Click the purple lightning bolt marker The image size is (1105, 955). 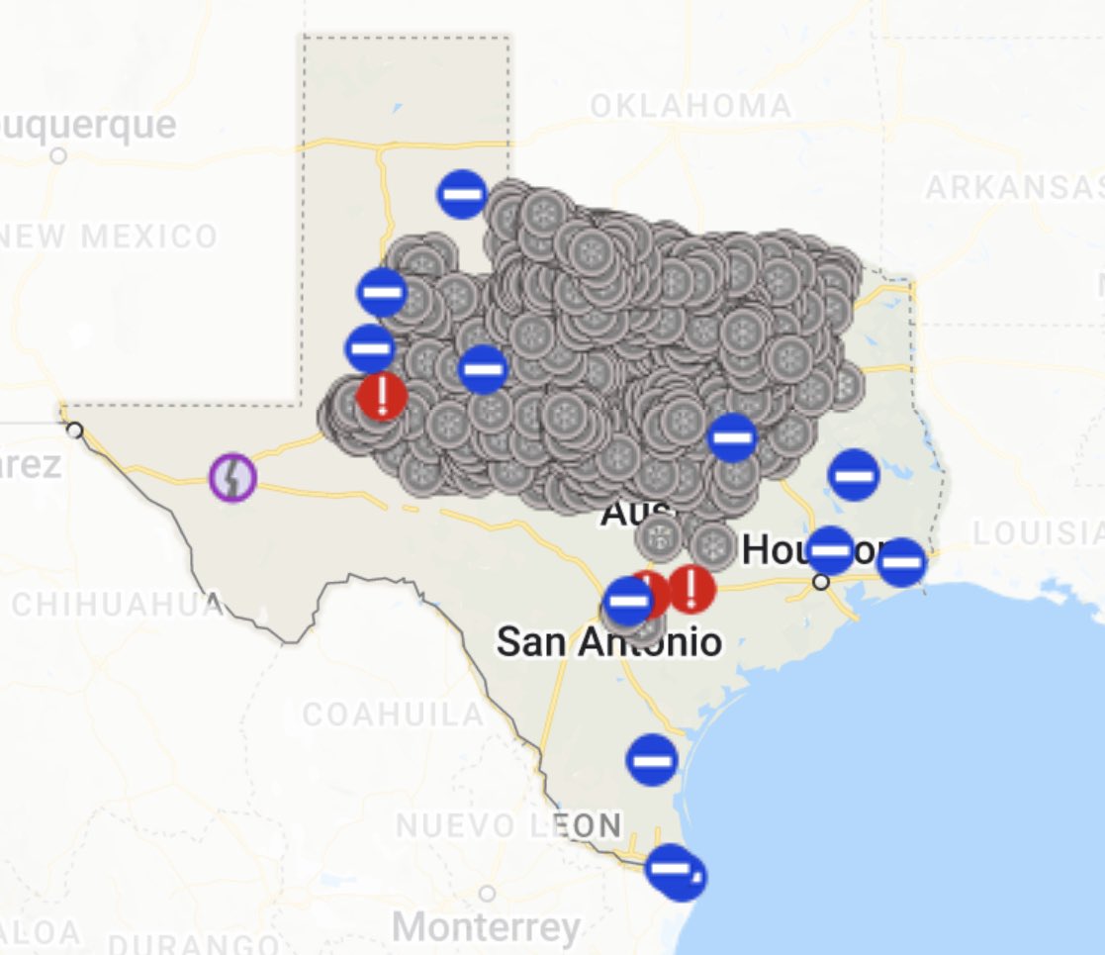click(232, 476)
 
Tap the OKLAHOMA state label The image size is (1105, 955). click(691, 106)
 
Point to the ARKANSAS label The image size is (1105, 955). click(1013, 188)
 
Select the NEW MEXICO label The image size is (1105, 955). click(109, 237)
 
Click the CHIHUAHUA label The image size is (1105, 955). click(117, 605)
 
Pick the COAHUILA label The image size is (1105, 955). click(393, 714)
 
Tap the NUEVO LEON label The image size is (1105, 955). click(508, 824)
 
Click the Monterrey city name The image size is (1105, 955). click(486, 928)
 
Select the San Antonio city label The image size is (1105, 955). click(608, 642)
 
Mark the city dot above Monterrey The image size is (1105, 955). click(487, 894)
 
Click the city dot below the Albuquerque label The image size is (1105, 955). click(58, 155)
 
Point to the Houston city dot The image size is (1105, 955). click(820, 582)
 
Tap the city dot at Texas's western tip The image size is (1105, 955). click(74, 430)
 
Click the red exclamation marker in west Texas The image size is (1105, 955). click(382, 396)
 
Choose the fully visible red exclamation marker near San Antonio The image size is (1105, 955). click(691, 589)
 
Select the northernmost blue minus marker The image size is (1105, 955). click(462, 194)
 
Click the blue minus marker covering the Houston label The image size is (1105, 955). click(830, 550)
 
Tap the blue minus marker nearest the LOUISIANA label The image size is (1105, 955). click(901, 562)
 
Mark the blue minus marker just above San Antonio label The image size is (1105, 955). click(628, 601)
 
